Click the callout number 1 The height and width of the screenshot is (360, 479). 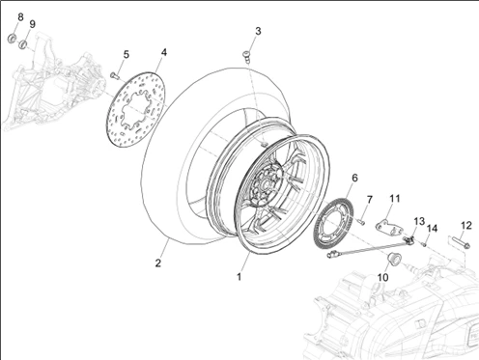click(239, 277)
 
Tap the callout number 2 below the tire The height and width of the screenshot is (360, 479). click(157, 263)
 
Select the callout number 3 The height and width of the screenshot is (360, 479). click(258, 31)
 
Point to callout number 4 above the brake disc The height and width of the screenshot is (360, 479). click(164, 52)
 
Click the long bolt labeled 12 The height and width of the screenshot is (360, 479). click(461, 242)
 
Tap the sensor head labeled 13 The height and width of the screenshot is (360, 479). click(409, 239)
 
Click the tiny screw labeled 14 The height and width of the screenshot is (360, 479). click(424, 245)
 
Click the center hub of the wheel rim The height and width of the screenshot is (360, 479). click(266, 185)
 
